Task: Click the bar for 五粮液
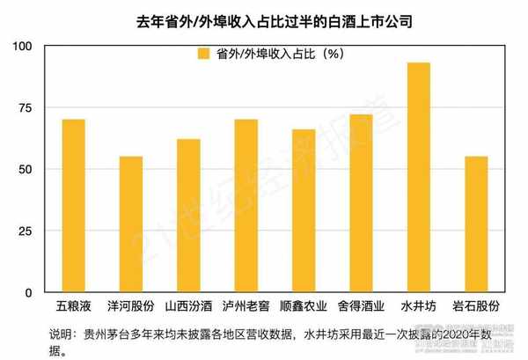coord(73,206)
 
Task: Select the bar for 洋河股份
coord(130,224)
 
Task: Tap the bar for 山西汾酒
coord(188,216)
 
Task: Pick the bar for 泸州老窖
coord(246,206)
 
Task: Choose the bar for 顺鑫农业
coord(304,211)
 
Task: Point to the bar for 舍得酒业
coord(361,203)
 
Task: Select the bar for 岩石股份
coord(476,224)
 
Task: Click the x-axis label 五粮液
coord(73,308)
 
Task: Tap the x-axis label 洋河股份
coord(130,308)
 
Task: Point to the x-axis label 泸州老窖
coord(246,308)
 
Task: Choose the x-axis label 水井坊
coord(419,308)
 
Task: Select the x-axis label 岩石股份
coord(476,308)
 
